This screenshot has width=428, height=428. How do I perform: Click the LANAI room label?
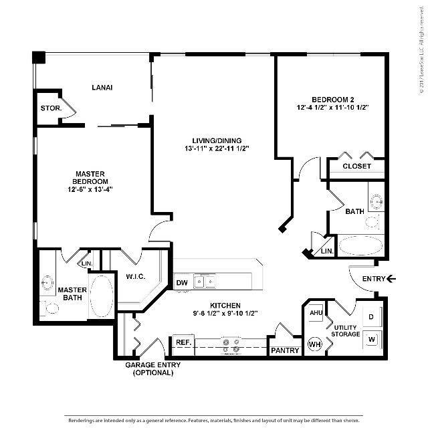[102, 88]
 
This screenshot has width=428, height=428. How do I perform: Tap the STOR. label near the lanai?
[51, 108]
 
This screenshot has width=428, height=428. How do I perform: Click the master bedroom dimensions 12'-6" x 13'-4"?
[90, 189]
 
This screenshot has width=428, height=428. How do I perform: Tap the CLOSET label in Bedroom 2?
[356, 166]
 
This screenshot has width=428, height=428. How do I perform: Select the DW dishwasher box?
[181, 283]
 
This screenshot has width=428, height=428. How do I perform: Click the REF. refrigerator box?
[183, 342]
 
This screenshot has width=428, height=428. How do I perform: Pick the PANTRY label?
[284, 350]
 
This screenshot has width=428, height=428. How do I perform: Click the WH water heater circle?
[314, 344]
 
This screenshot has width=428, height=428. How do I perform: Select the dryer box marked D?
[371, 316]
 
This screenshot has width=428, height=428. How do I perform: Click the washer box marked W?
[371, 340]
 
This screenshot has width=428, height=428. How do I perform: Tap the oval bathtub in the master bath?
[102, 296]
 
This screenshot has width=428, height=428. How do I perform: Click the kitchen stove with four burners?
[231, 344]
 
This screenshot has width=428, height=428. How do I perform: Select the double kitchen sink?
[205, 282]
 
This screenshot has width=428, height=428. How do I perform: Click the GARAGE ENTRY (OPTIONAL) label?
[150, 368]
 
